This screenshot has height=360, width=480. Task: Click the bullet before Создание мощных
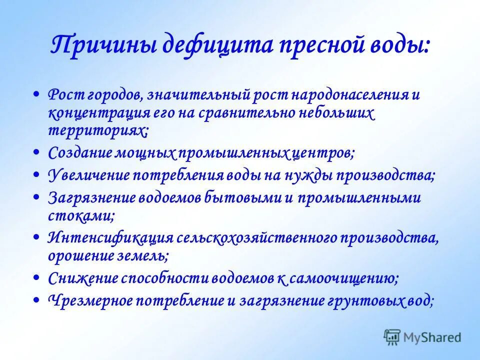tap(40, 151)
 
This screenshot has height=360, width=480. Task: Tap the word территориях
tap(98, 131)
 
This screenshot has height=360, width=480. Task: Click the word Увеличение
tap(89, 176)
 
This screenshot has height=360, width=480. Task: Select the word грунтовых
tap(348, 301)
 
